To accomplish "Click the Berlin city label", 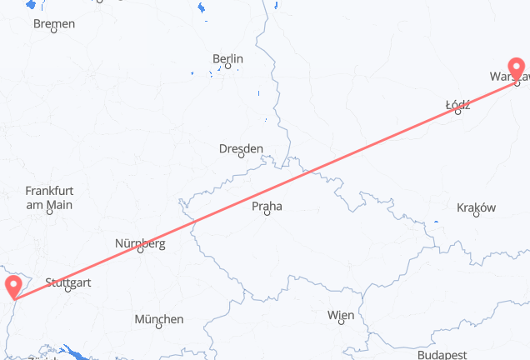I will (227, 59).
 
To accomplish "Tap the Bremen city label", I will (54, 23).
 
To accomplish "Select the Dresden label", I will (241, 149).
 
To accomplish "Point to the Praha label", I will (267, 206).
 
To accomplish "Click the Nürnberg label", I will (139, 243).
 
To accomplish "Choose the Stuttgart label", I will (69, 283).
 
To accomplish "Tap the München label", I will (158, 319).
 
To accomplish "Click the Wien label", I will (341, 315).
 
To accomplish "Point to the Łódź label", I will (458, 105).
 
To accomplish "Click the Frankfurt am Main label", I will (49, 197).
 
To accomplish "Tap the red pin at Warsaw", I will (516, 67).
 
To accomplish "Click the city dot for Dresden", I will (242, 155).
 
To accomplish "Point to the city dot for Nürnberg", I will (140, 250).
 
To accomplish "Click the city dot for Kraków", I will (476, 215).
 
